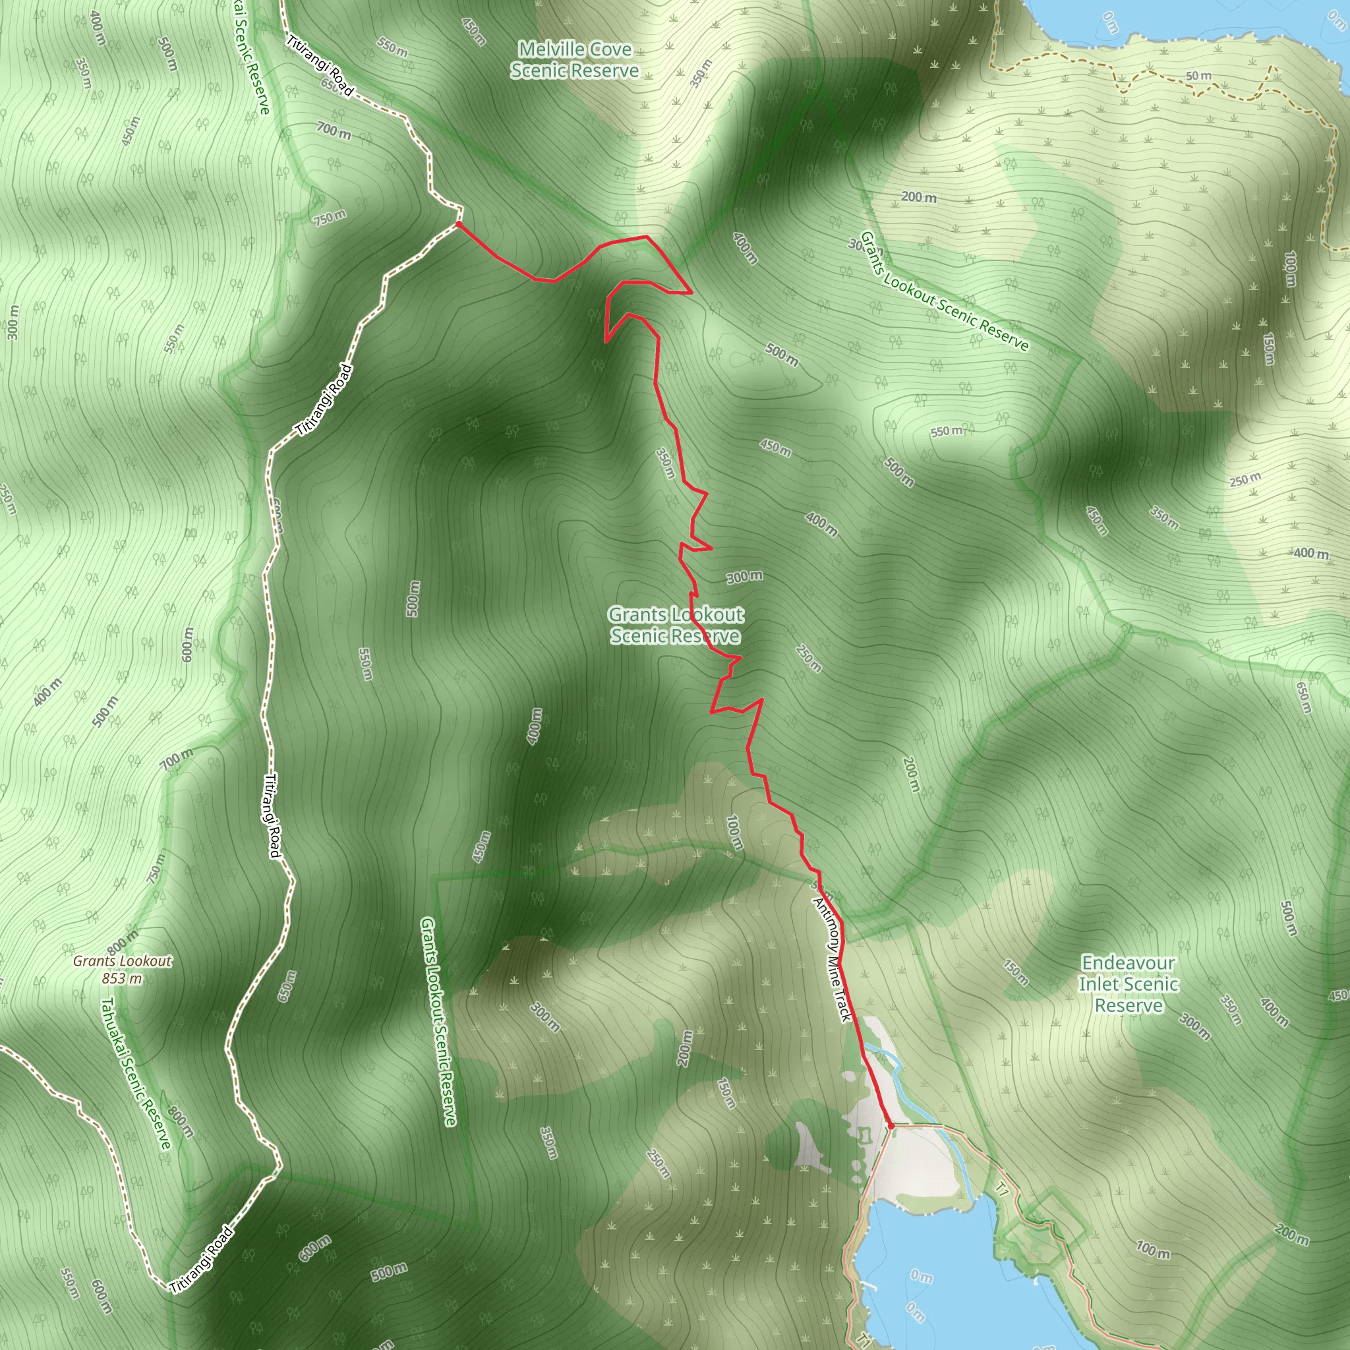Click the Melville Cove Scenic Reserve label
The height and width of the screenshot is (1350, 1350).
[574, 60]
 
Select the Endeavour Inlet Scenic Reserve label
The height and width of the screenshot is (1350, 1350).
[1129, 984]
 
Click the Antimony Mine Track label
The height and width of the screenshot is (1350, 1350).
[833, 959]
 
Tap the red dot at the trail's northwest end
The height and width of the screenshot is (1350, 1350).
[457, 224]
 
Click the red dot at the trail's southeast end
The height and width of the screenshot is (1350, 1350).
[891, 1126]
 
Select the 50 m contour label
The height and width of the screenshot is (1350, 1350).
[1198, 75]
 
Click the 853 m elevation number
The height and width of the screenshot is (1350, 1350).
[123, 978]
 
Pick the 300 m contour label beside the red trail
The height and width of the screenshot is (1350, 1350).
[744, 577]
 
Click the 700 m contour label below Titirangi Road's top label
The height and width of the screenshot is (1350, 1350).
[334, 130]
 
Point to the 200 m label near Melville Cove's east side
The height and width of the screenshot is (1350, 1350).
[918, 197]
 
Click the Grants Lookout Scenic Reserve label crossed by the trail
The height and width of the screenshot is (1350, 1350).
[676, 625]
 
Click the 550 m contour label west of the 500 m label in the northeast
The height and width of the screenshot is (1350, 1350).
[947, 431]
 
